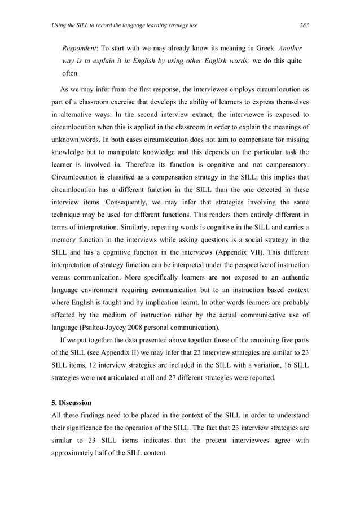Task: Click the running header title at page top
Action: click(124, 25)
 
